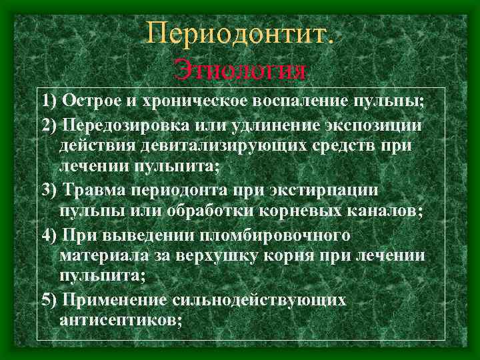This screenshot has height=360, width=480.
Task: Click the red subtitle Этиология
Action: point(240,70)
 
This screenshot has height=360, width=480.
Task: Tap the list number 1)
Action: point(49,101)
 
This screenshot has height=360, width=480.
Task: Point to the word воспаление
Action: point(295,101)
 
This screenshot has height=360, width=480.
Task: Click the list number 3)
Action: point(49,190)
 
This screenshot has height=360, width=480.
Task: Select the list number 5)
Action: point(49,299)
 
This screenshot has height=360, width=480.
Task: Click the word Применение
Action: point(123,299)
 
